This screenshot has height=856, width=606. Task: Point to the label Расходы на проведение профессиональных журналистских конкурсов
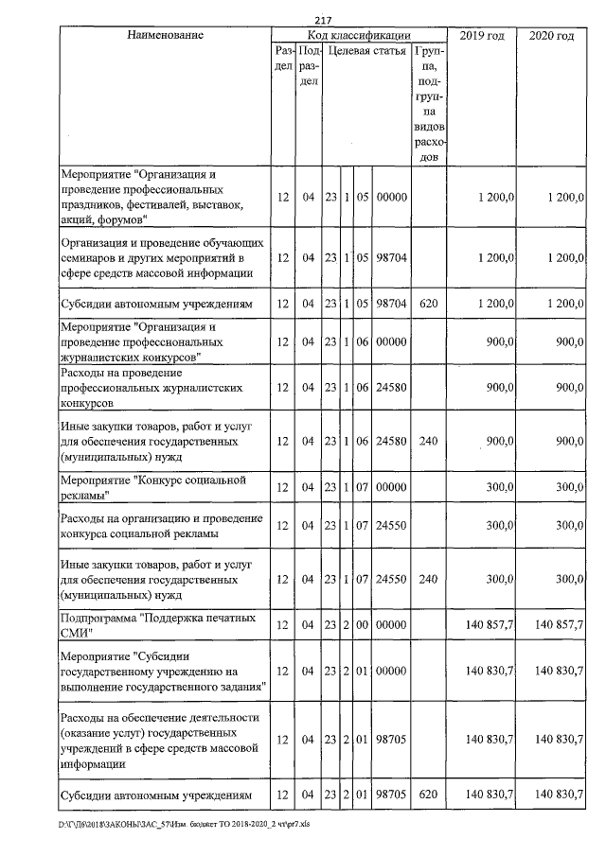click(x=153, y=388)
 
